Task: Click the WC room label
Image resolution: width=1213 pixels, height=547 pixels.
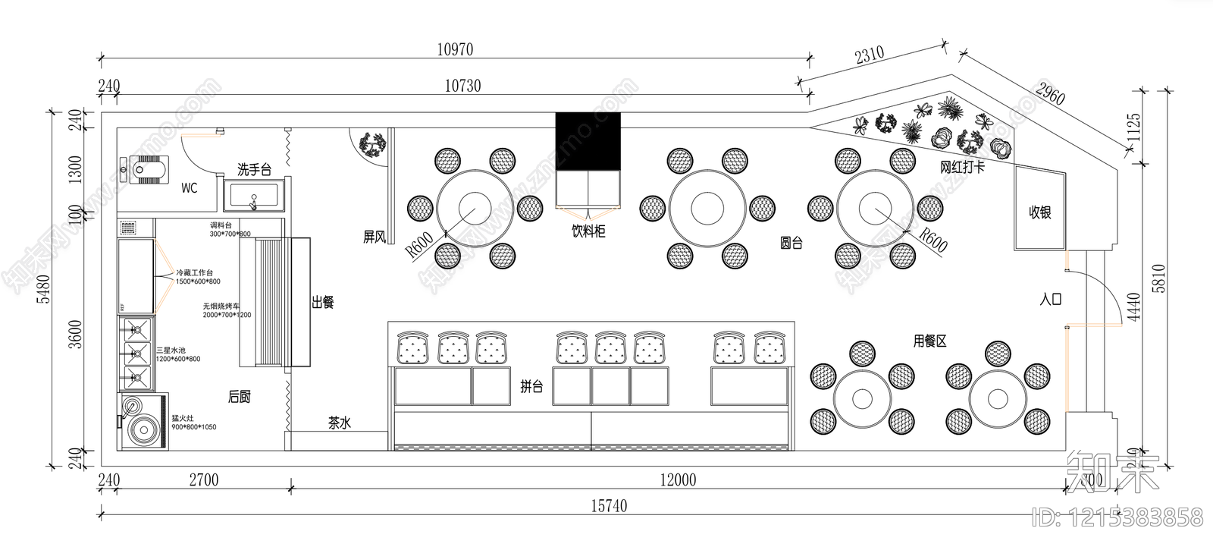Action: point(189,187)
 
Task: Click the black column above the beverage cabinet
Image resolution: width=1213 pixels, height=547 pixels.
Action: point(588,141)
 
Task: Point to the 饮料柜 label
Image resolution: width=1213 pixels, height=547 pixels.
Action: point(588,230)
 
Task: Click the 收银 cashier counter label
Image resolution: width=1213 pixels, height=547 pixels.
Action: point(1040,212)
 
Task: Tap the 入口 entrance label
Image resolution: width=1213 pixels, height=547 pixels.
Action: point(1051,299)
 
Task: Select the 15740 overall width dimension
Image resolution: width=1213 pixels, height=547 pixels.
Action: point(608,506)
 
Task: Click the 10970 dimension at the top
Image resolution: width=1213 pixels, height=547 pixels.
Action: point(455,50)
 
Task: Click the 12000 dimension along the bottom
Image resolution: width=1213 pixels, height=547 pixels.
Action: point(678,479)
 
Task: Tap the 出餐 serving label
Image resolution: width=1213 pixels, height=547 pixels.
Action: point(323,303)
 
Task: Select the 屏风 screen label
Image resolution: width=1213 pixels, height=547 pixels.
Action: point(375,237)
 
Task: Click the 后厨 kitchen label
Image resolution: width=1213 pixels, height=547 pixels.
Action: point(240,397)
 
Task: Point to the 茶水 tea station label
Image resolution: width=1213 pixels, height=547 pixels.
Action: point(340,423)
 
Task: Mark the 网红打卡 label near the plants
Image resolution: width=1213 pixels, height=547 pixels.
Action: point(962,167)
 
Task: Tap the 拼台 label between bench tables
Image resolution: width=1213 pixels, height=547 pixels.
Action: point(531,386)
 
